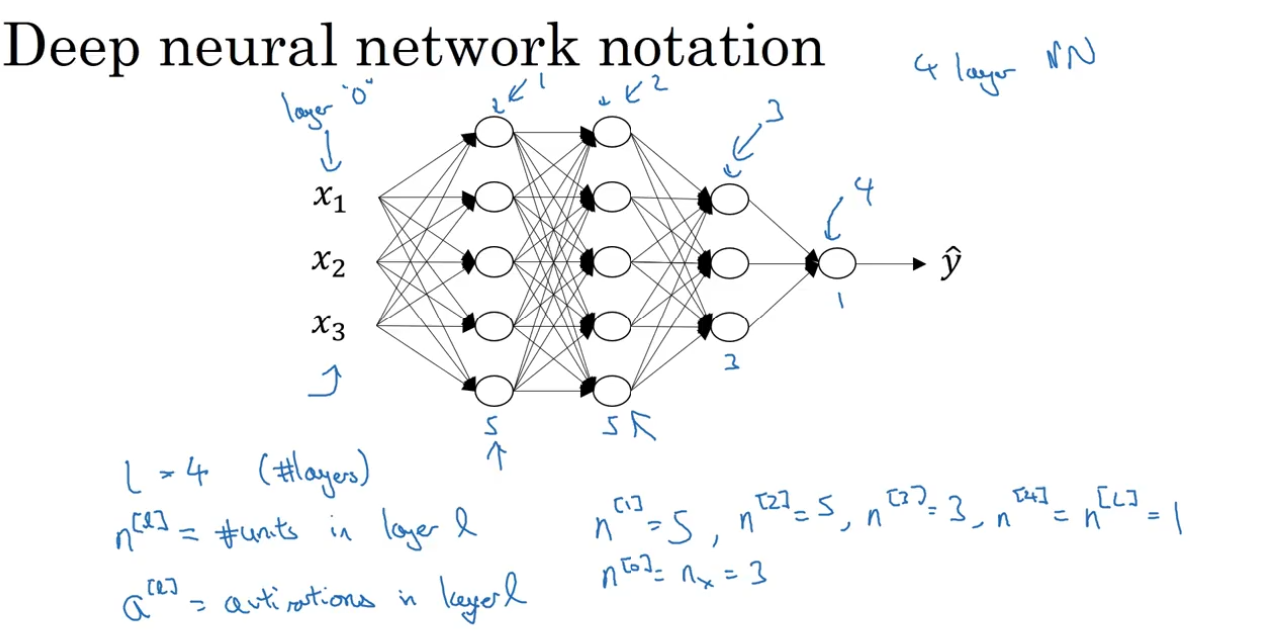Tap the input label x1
pyautogui.click(x=328, y=199)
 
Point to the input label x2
pyautogui.click(x=328, y=263)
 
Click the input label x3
pyautogui.click(x=328, y=326)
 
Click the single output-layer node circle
pyautogui.click(x=837, y=264)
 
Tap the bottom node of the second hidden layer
pyautogui.click(x=612, y=390)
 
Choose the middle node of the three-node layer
pyautogui.click(x=729, y=264)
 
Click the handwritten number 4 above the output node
pyautogui.click(x=863, y=193)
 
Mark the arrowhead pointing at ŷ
pyautogui.click(x=919, y=264)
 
